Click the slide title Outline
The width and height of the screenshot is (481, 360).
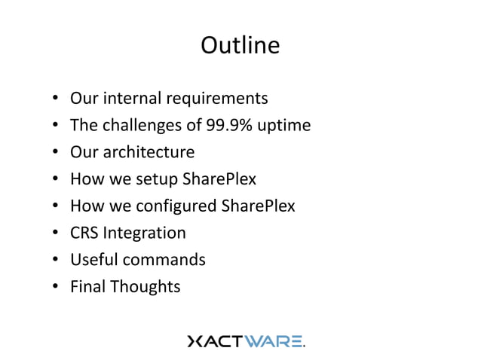240,46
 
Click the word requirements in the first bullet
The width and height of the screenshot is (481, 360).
222,99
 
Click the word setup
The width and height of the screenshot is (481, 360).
157,179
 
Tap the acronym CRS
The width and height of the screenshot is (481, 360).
84,233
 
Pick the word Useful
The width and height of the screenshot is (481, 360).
93,260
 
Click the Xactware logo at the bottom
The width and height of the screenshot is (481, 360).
246,341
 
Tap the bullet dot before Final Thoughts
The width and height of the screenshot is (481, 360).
56,288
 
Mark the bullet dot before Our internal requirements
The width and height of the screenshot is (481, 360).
56,99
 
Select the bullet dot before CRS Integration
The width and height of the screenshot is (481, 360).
56,233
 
